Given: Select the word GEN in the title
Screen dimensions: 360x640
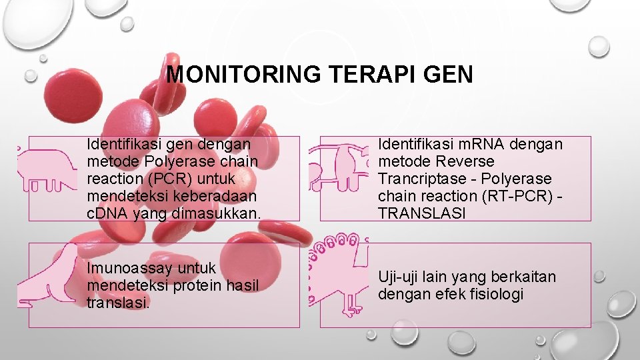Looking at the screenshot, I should click(451, 74).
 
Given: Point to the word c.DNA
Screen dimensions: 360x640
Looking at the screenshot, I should click(108, 213).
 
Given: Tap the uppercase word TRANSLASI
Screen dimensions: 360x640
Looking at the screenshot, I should click(422, 213).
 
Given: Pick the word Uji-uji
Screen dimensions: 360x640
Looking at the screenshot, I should click(398, 277).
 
